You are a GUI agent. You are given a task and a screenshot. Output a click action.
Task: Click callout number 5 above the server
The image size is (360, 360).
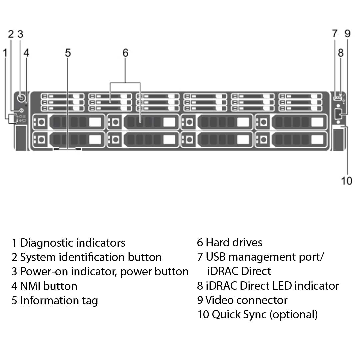coord(68,53)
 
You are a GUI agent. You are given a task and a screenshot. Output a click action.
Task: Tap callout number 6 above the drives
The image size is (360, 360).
coord(125,53)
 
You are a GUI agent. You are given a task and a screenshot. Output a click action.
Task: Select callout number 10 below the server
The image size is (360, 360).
coord(347,181)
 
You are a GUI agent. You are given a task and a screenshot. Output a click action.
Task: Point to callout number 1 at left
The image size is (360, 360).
coord(5,53)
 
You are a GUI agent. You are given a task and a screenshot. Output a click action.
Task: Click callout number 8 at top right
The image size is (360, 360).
coord(340,53)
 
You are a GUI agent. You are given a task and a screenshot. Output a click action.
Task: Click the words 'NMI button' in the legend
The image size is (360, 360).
coord(48,286)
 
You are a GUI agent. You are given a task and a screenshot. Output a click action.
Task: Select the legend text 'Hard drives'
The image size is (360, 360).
coord(234,242)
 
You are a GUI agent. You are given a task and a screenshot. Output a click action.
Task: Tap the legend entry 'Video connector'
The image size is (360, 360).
coord(246,300)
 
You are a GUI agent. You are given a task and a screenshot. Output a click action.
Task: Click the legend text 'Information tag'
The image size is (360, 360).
coord(59,300)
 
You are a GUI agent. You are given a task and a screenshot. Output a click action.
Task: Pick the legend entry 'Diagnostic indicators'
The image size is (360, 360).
coord(72,243)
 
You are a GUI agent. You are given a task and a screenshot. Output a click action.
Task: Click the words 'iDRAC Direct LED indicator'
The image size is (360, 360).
coord(272,286)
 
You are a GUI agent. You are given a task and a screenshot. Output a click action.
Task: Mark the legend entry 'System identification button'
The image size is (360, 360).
coord(90,257)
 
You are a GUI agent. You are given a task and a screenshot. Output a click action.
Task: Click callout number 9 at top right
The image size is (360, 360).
coord(347,34)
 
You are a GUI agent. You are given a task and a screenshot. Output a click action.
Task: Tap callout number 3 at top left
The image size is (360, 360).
coord(20,34)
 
